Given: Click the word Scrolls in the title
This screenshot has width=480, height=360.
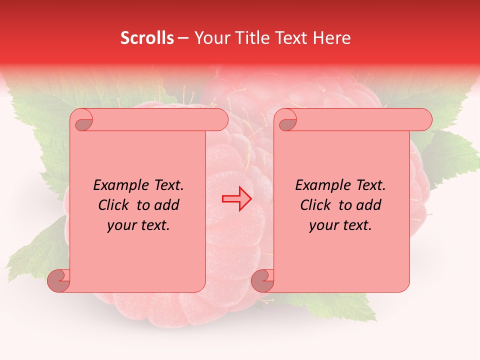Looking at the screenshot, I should [x=147, y=38].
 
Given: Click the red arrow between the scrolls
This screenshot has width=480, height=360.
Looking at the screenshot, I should [x=237, y=198].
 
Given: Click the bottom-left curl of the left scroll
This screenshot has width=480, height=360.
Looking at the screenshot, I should [x=59, y=281].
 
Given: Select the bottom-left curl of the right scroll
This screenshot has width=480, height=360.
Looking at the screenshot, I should [x=262, y=281].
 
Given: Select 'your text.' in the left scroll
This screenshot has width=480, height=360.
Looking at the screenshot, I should [x=138, y=225].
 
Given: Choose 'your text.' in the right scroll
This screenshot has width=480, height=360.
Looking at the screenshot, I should [x=340, y=225].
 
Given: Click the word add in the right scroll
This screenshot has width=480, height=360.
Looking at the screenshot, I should [x=369, y=205].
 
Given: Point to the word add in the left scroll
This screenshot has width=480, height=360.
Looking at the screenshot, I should [x=167, y=205].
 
